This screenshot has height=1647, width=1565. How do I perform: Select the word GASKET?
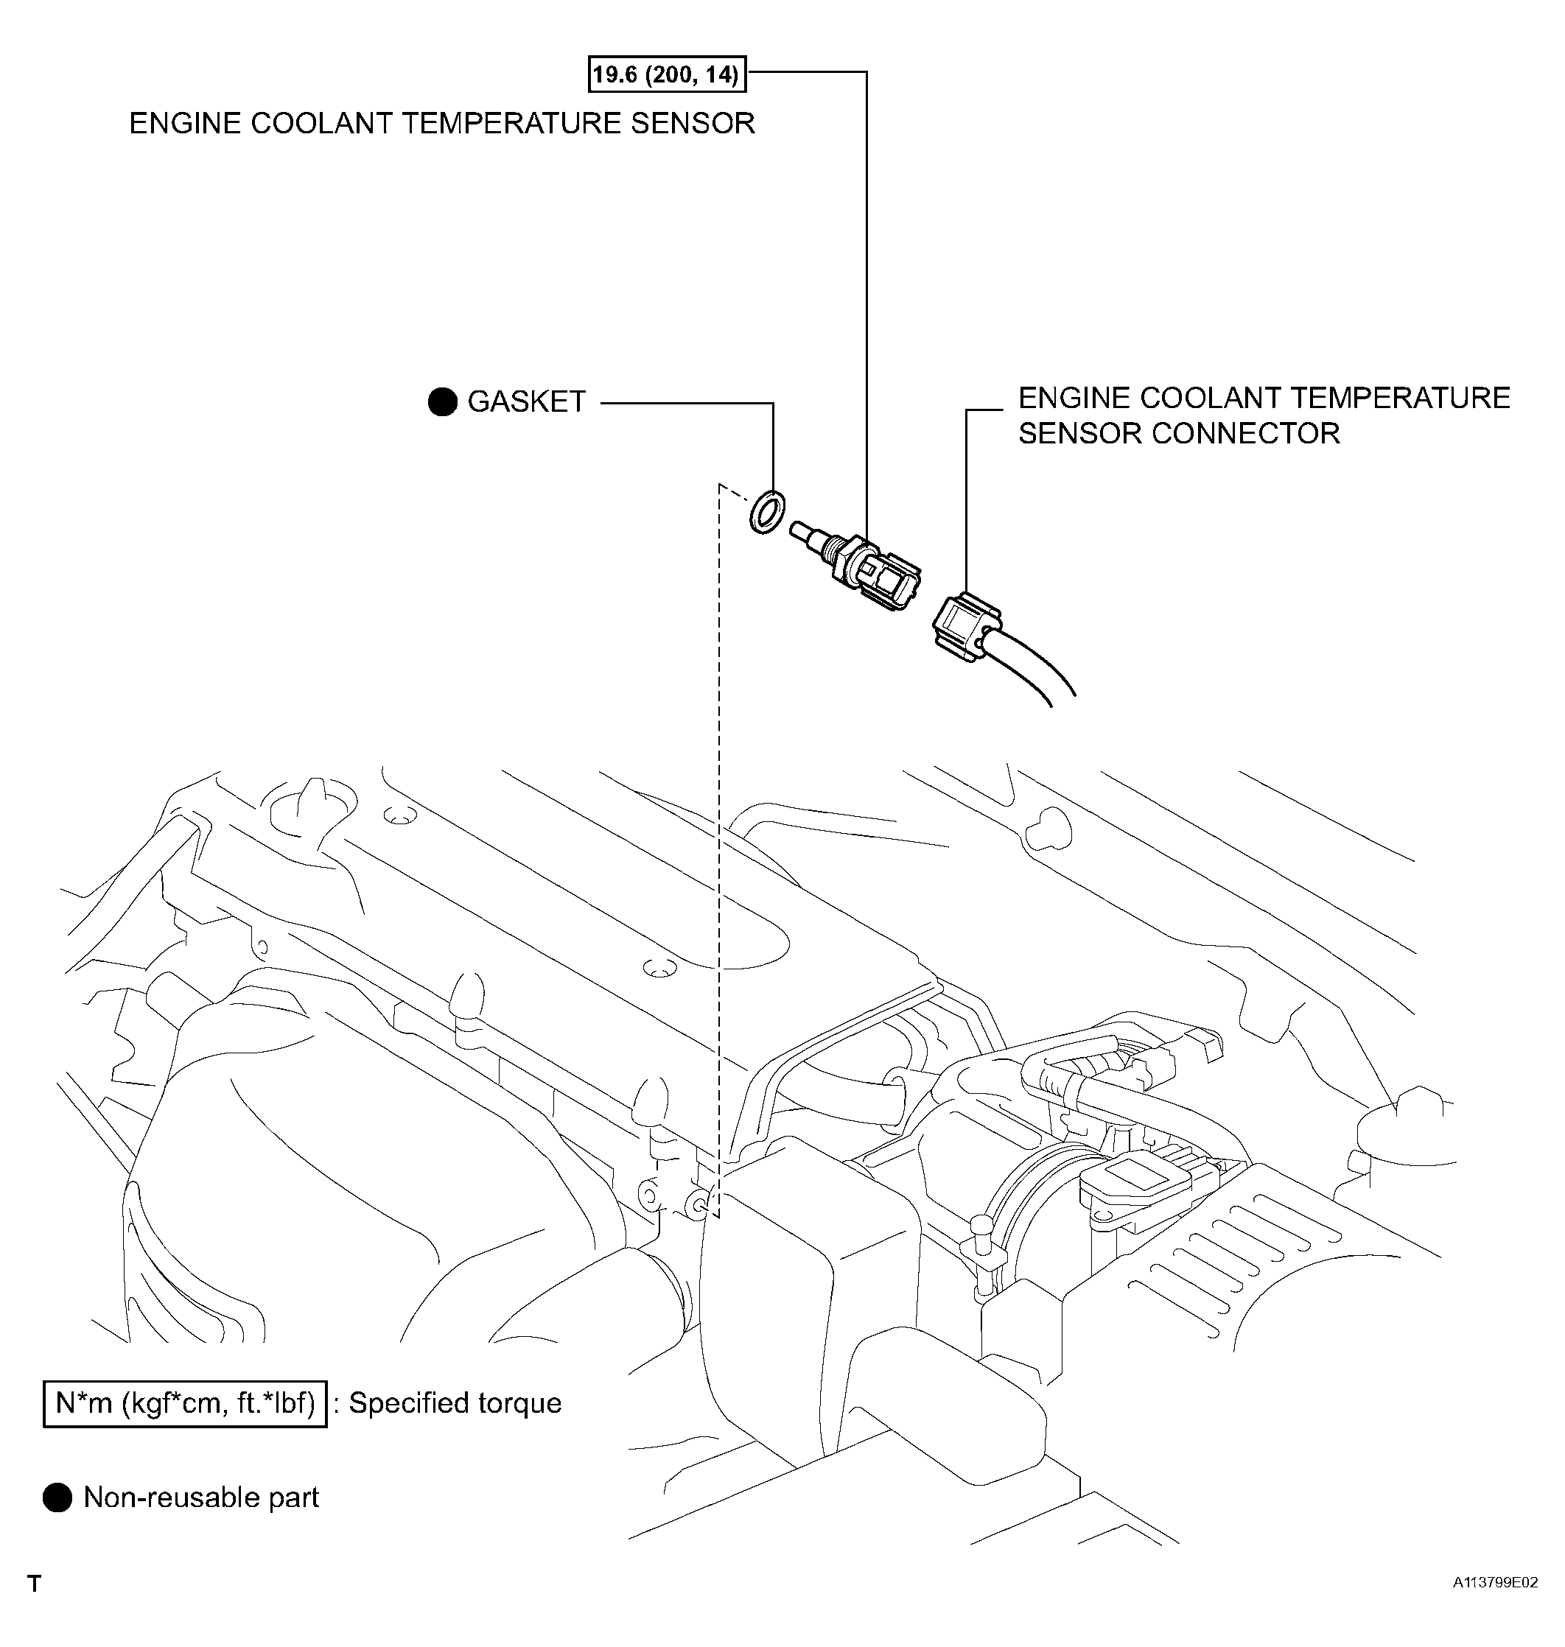[526, 402]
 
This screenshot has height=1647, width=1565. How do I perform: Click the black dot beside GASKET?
[442, 402]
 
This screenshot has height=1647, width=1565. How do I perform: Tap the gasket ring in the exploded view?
[766, 511]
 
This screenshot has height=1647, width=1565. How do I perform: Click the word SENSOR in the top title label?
[693, 124]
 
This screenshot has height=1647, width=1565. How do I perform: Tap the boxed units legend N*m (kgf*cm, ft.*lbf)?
[185, 1403]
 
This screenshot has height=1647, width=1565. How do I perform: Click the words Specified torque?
[455, 1403]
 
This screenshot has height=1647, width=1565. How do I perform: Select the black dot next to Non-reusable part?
[57, 1497]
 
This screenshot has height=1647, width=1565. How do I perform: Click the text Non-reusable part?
[201, 1497]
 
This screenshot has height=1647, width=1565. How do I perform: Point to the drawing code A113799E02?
[1495, 1583]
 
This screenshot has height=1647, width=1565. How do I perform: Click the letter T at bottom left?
[34, 1584]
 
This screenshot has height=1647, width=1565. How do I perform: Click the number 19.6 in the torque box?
[614, 75]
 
